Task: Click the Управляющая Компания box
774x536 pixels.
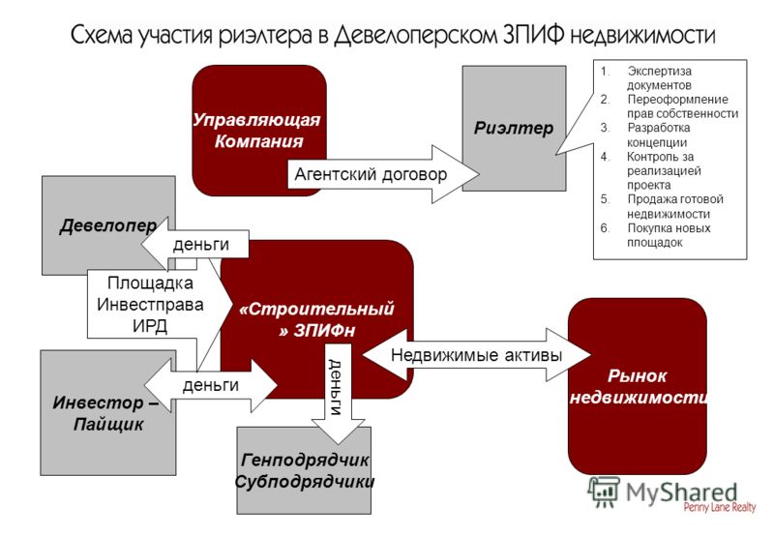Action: click(258, 130)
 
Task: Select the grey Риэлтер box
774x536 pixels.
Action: click(514, 129)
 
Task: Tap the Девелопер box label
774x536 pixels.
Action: click(108, 225)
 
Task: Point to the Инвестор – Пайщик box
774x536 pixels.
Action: click(108, 413)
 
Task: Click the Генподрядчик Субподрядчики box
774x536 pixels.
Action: click(304, 471)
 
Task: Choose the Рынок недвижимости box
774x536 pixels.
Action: click(638, 386)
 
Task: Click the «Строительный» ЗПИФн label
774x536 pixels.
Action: click(316, 319)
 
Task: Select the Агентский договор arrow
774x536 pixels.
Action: click(383, 174)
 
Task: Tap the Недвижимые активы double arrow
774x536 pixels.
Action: click(476, 355)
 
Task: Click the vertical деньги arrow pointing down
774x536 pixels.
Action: click(338, 394)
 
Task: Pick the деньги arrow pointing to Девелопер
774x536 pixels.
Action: click(195, 244)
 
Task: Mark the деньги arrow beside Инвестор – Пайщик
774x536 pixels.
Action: click(211, 385)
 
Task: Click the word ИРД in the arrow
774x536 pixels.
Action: click(150, 326)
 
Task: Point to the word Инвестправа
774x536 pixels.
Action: click(150, 305)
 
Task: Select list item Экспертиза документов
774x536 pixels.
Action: click(646, 78)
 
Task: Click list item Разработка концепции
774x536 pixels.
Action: click(645, 134)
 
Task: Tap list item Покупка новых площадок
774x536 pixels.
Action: click(656, 235)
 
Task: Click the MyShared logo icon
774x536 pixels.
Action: click(604, 492)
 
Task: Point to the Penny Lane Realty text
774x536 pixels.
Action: click(720, 507)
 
